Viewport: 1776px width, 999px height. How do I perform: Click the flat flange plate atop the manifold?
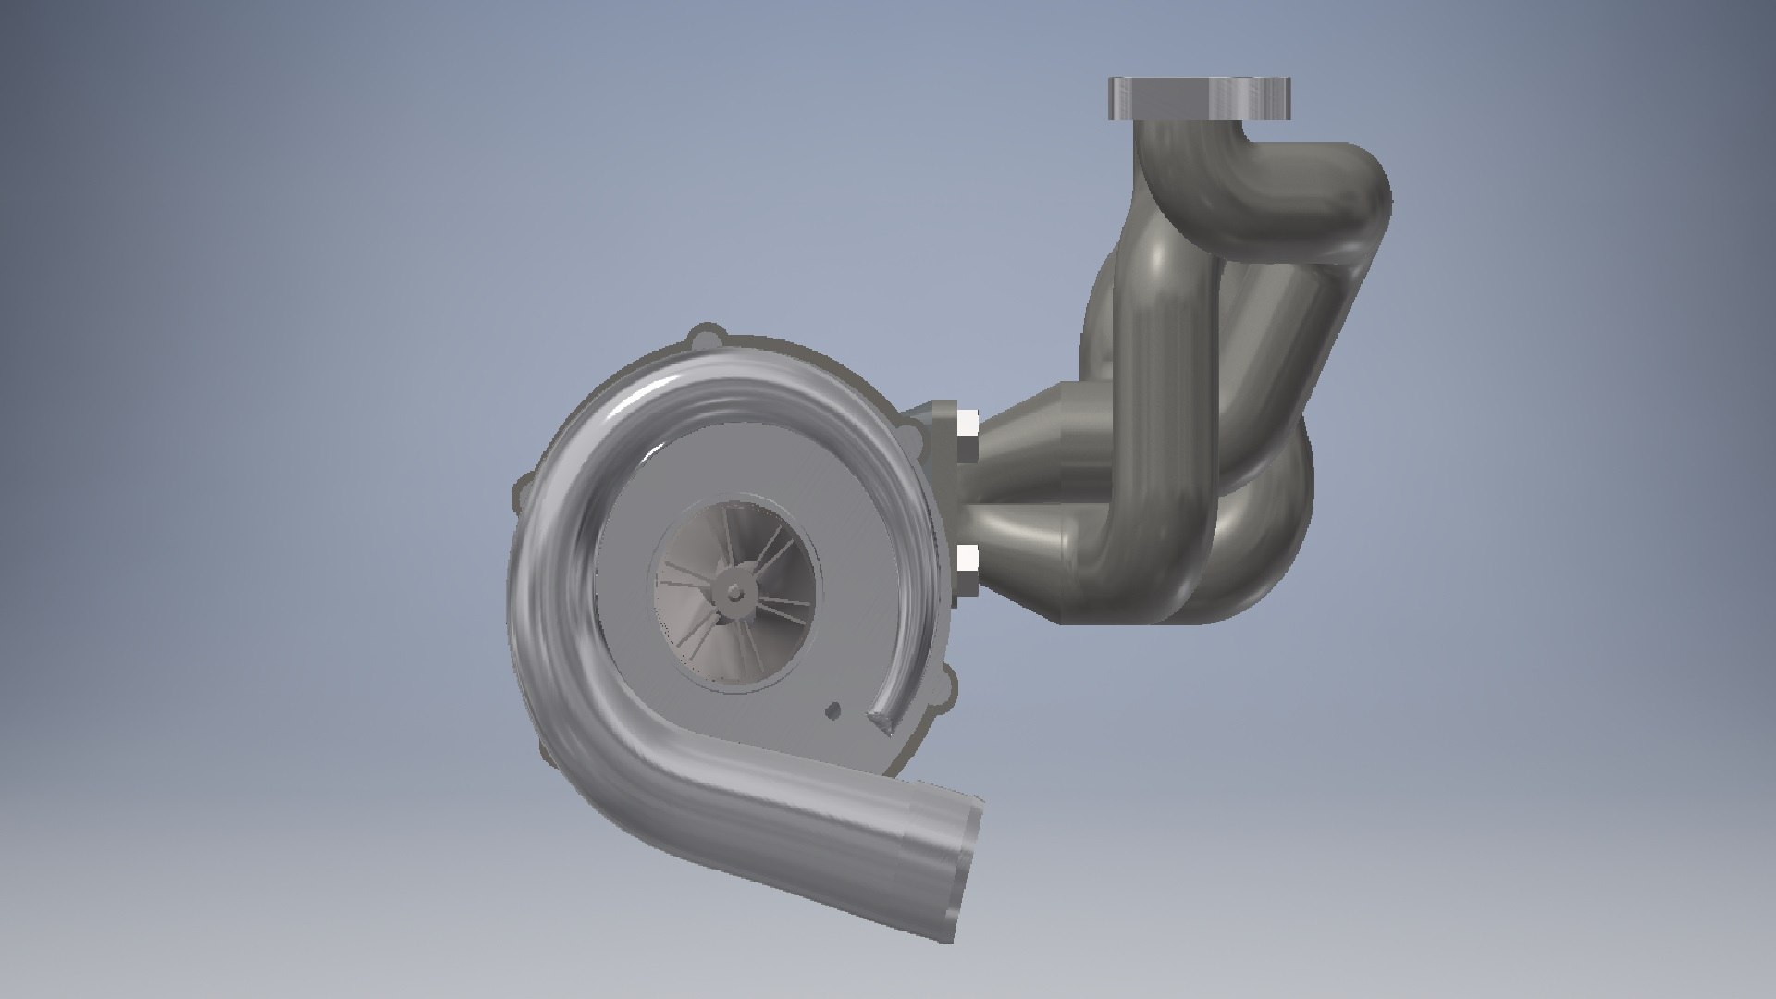pos(1199,97)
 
